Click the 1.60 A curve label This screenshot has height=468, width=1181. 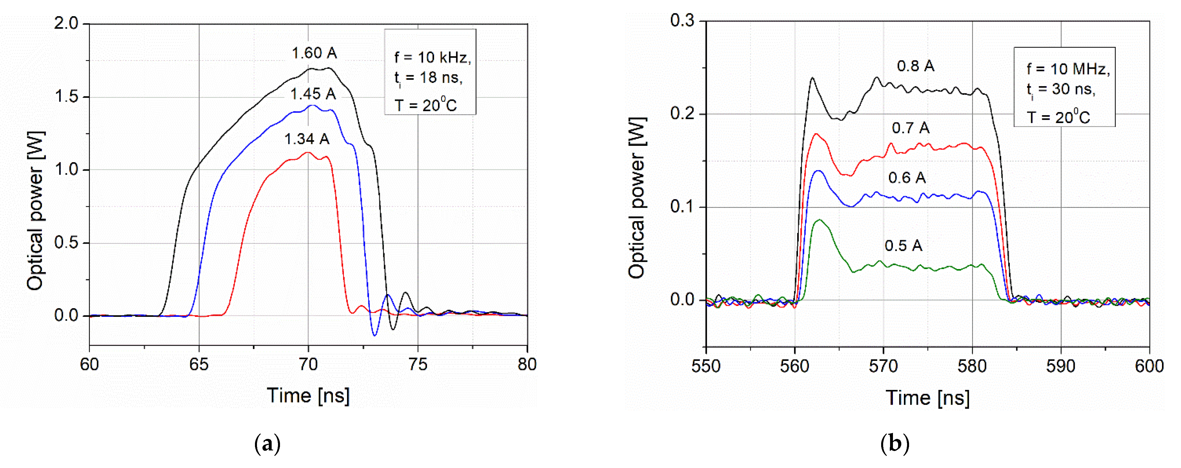pos(315,53)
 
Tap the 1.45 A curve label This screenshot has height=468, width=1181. pos(313,94)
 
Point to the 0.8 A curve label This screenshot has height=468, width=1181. pos(916,66)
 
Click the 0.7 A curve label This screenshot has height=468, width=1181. pos(910,128)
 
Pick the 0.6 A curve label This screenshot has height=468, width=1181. pos(907,178)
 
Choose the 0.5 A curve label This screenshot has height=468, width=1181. pos(903,245)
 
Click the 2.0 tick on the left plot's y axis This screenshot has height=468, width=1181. pos(66,23)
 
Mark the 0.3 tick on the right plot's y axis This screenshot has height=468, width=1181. pos(682,21)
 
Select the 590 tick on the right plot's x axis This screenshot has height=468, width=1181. pos(1060,366)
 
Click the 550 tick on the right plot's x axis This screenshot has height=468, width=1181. pos(706,366)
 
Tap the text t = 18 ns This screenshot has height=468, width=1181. pos(428,78)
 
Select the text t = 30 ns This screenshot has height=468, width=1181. pos(1061,90)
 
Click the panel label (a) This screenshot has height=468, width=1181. pos(267,444)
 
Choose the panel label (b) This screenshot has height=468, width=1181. pos(895,444)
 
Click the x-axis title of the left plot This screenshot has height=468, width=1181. pos(308,395)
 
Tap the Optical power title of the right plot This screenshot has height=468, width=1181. pos(637,197)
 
